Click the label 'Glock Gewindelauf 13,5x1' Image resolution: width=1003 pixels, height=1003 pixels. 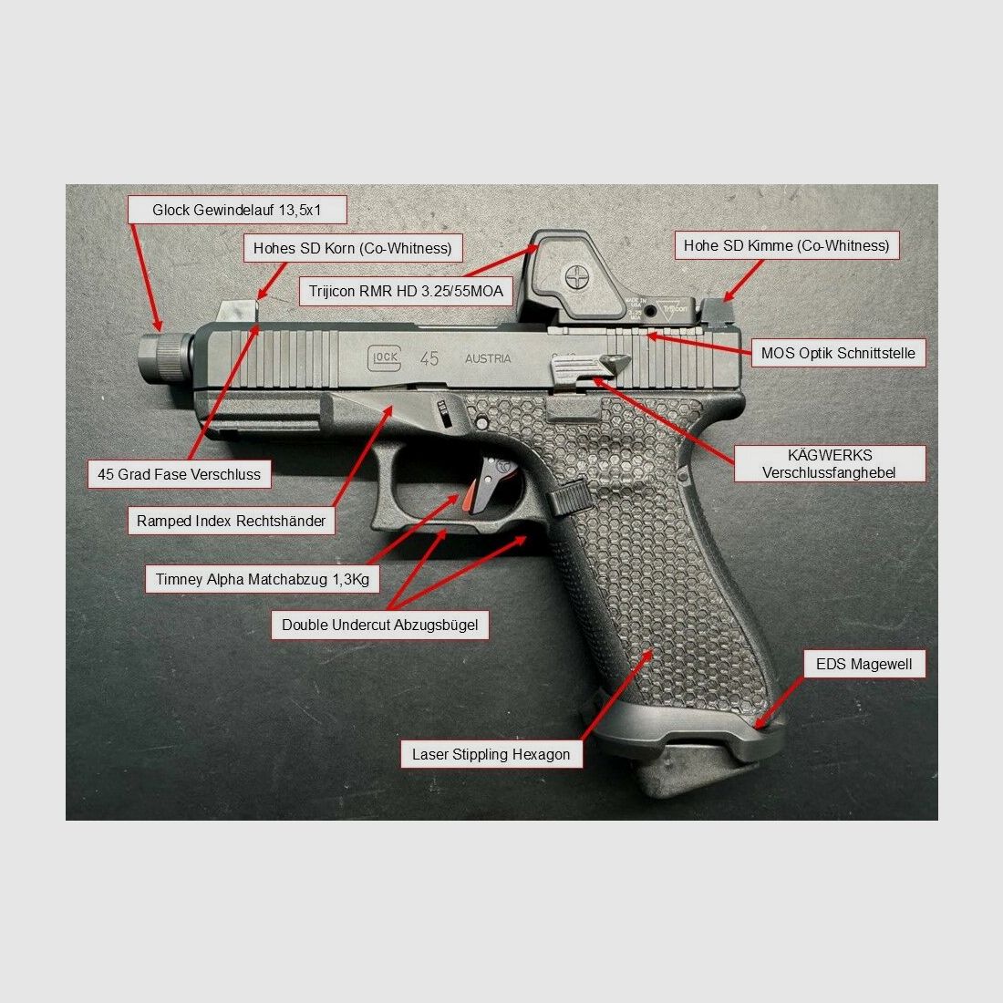coord(237,210)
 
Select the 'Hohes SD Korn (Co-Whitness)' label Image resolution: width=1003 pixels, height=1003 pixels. coord(352,248)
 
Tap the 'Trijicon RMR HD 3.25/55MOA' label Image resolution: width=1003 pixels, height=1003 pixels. coord(406,292)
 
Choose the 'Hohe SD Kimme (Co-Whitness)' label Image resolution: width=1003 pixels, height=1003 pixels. coord(786,245)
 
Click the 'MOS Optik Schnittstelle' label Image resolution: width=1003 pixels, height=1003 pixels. coord(838,353)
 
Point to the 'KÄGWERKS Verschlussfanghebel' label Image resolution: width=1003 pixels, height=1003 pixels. coord(829,463)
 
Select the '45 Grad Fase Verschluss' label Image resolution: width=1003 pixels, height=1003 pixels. coord(179,474)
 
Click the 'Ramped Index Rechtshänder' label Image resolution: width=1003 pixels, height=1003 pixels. coord(231,521)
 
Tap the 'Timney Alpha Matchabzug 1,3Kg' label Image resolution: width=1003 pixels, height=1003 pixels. coord(262,579)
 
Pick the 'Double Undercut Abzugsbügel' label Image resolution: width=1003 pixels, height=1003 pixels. coord(379,625)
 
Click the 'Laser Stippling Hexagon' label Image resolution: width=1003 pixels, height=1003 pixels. coord(491,754)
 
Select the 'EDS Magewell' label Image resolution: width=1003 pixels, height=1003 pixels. coord(863,664)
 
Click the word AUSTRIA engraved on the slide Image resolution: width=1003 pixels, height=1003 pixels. coord(488,358)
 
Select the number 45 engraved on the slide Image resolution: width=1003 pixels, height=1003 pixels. coord(429,358)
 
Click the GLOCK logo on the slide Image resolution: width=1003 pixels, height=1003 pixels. coord(384,357)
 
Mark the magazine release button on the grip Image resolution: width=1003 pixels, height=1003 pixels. coord(570,498)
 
